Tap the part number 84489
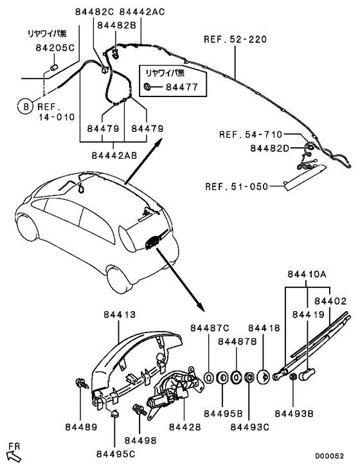80,427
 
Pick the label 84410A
307,274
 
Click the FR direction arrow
14,454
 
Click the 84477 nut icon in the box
148,86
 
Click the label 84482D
275,148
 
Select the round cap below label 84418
263,376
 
